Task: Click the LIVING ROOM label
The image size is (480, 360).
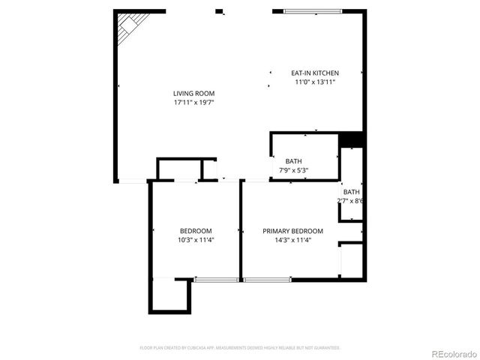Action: point(194,94)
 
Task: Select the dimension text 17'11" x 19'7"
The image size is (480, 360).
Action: point(194,103)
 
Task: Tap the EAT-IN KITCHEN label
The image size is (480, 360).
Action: point(315,73)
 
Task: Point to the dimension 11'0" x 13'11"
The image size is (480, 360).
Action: point(315,82)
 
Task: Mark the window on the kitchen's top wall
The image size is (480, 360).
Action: point(313,11)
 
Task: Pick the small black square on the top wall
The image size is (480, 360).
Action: point(219,11)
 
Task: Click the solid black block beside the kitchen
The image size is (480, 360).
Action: point(351,139)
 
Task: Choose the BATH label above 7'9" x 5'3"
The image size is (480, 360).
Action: point(293,161)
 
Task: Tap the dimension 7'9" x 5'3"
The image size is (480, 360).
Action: point(293,170)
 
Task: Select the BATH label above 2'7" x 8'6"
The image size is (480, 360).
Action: point(351,192)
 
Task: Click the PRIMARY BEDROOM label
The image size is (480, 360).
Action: point(292,231)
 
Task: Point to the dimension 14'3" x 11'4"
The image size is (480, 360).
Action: point(292,240)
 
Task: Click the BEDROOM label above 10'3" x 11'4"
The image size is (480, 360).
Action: point(195,231)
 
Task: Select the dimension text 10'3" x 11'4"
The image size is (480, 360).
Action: point(195,240)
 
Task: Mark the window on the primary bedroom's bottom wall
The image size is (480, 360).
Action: point(267,280)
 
